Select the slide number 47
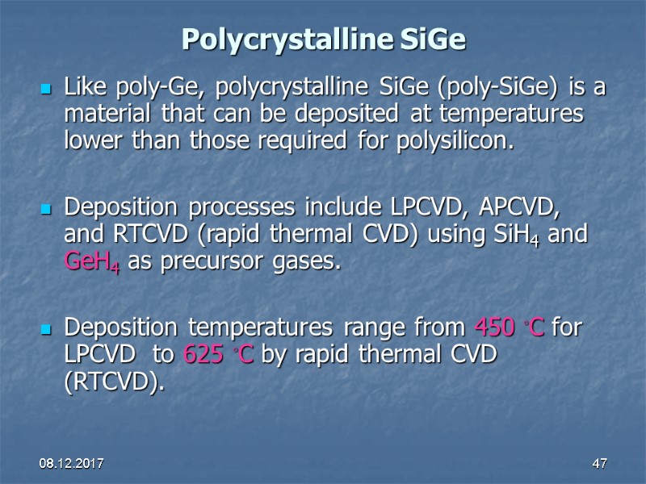pos(599,464)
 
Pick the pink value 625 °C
pos(218,355)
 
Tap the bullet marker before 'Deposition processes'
pos(47,208)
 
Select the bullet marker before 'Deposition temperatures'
pos(47,328)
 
